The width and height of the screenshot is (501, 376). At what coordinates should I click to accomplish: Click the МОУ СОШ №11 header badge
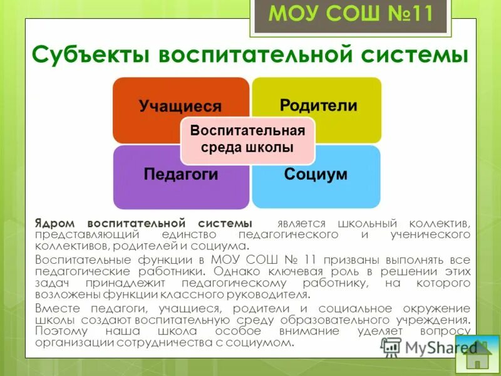(350, 14)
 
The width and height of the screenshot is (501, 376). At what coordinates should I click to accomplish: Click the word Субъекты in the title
(90, 55)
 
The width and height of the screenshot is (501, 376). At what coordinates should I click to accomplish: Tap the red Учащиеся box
(180, 107)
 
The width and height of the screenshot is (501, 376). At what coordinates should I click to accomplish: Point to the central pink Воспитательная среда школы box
(247, 140)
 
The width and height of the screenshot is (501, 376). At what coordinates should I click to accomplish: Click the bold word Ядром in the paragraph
(58, 223)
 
